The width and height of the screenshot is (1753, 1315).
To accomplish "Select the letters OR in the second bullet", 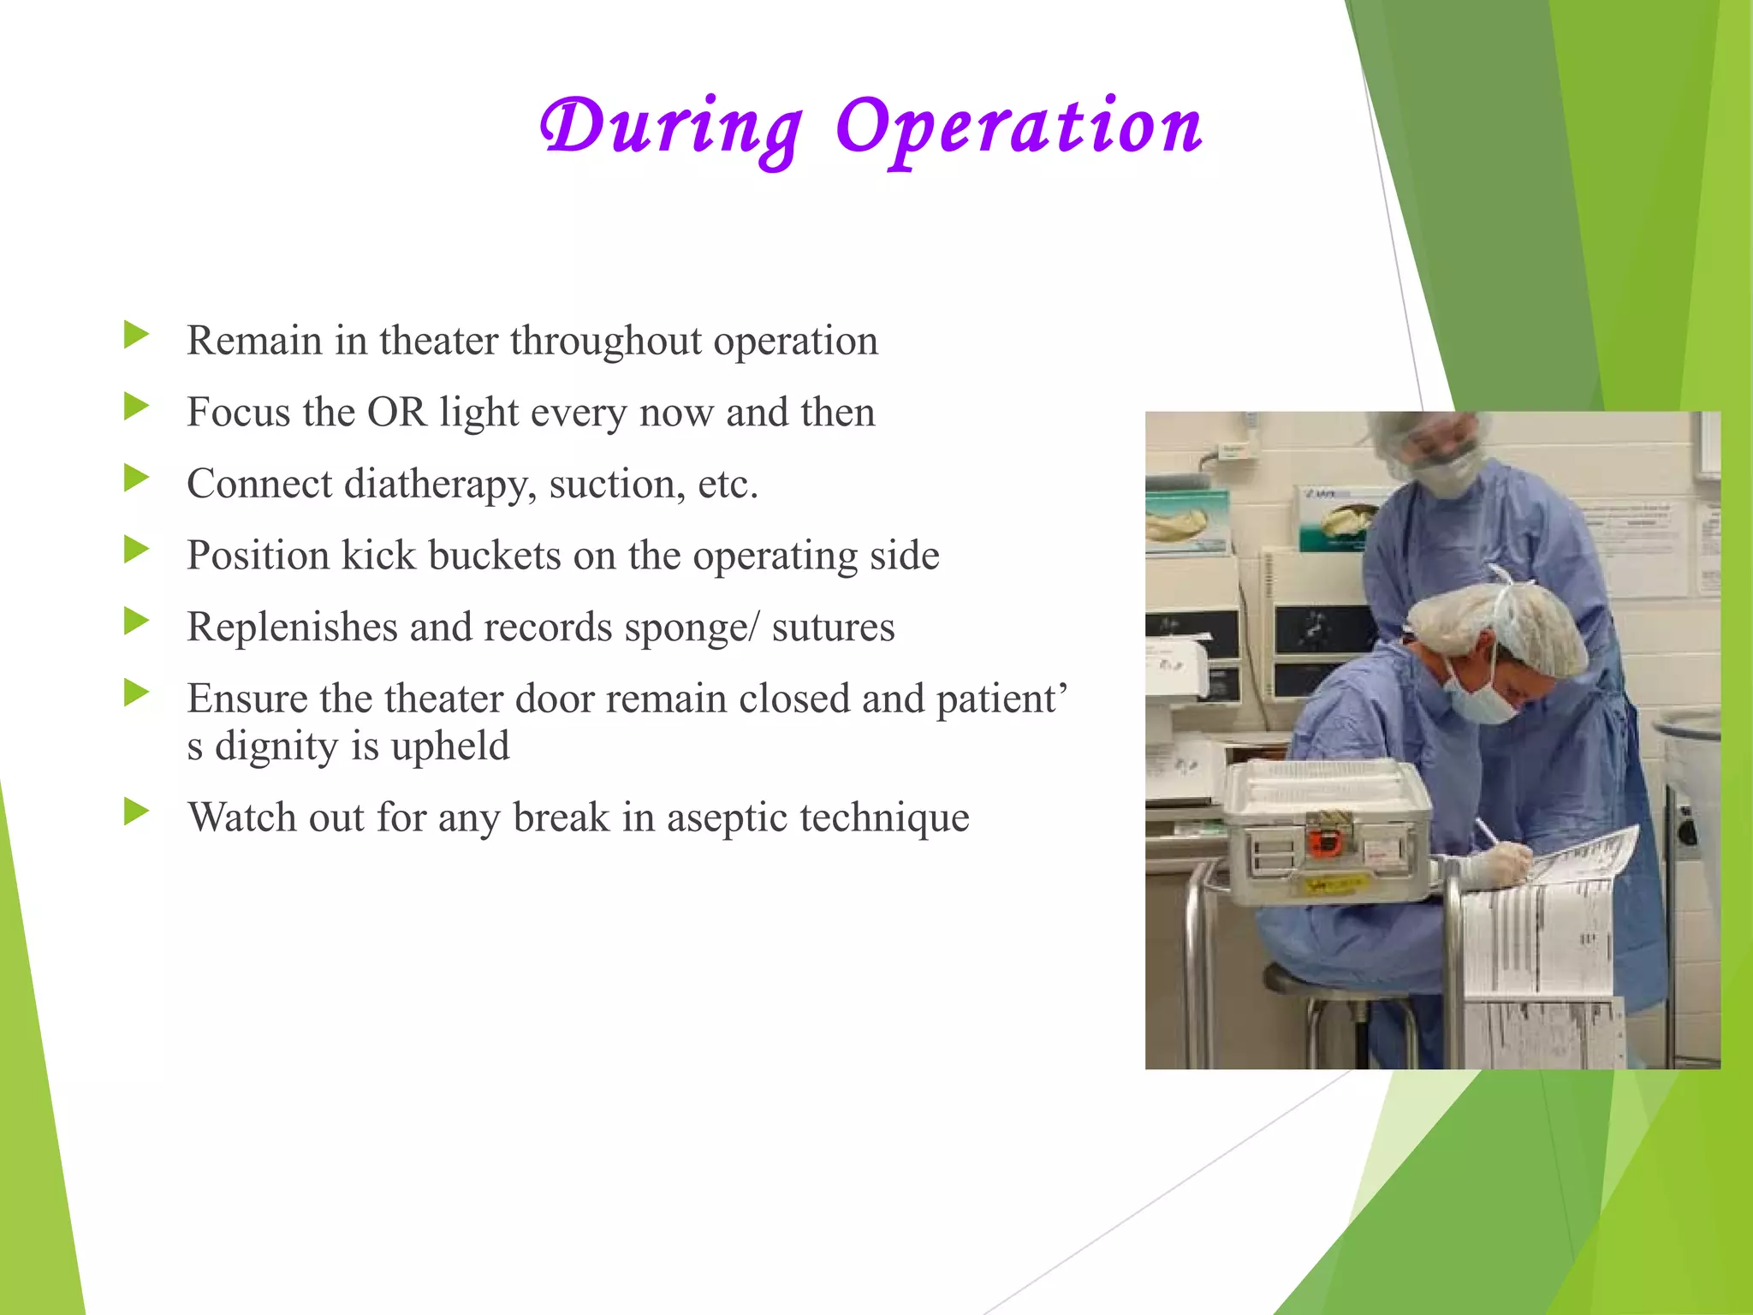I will (x=396, y=413).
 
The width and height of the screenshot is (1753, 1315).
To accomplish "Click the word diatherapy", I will (x=440, y=485).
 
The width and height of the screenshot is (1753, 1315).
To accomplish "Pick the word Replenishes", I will (x=292, y=628).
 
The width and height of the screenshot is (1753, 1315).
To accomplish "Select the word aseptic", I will (x=727, y=818).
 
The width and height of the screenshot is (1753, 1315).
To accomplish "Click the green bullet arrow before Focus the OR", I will (x=136, y=407).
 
